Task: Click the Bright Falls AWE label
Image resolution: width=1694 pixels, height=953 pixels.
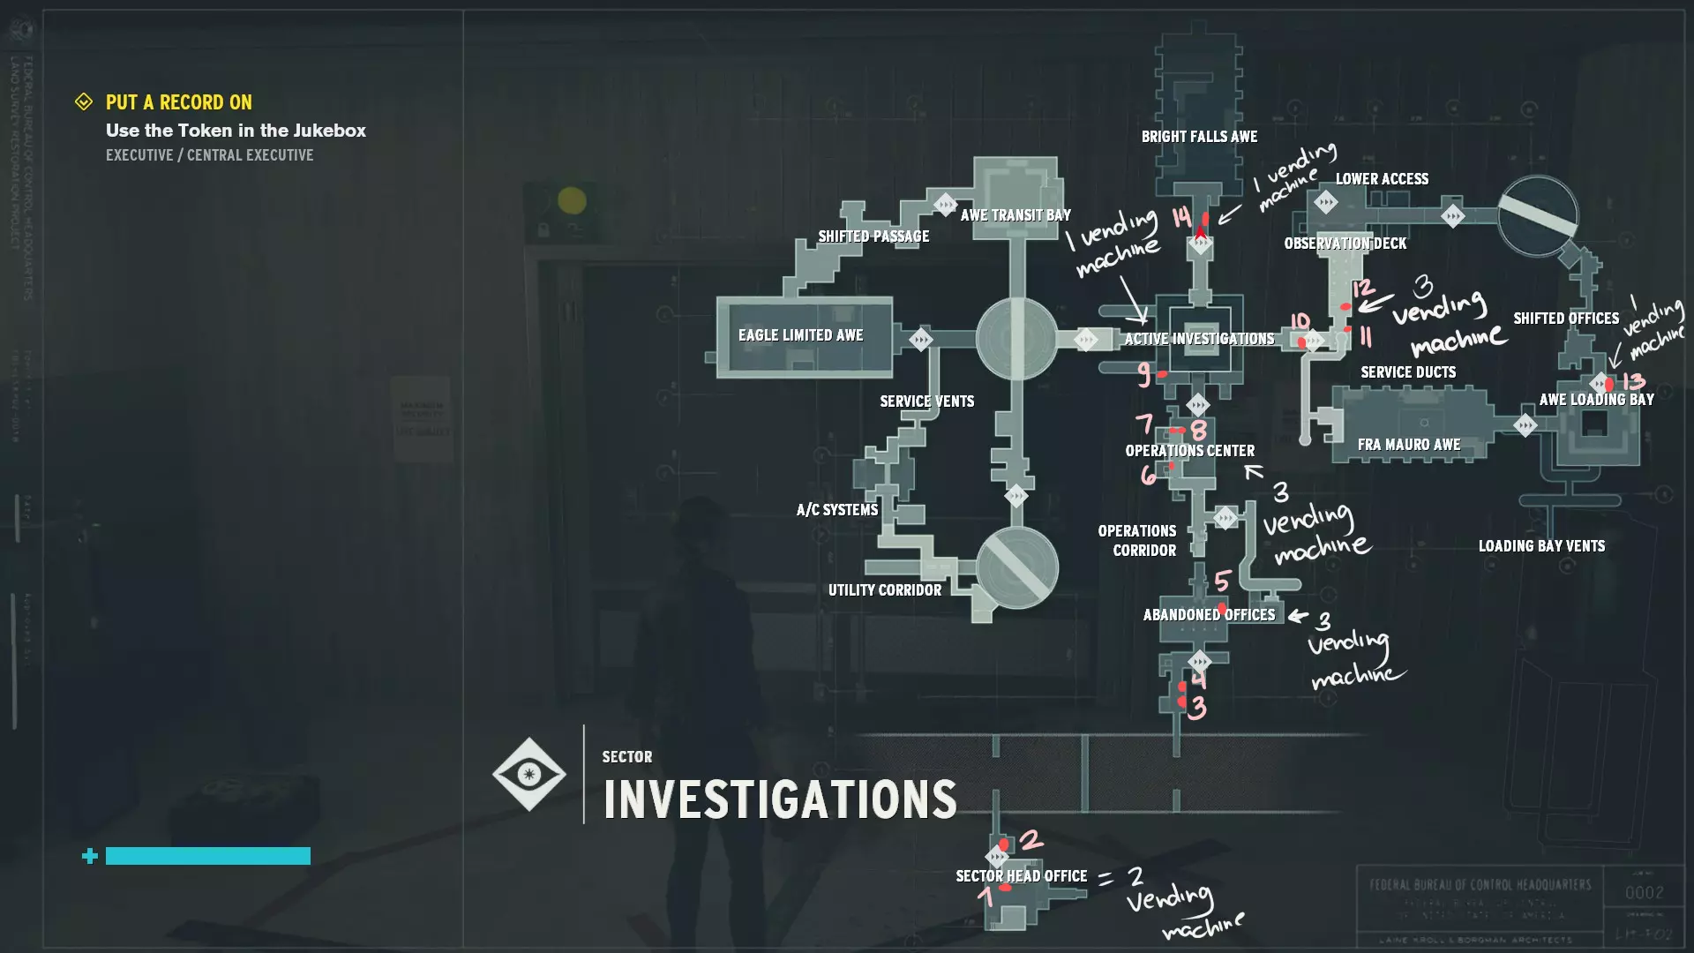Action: click(x=1199, y=137)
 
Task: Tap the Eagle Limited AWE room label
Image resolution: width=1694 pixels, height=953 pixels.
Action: click(x=800, y=335)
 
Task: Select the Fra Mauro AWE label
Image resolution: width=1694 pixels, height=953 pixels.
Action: click(x=1408, y=445)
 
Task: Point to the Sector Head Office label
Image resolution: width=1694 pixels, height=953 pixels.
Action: click(x=1021, y=876)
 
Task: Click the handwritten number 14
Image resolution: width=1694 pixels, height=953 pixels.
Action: click(x=1181, y=217)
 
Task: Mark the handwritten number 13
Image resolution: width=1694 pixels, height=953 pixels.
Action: click(x=1633, y=381)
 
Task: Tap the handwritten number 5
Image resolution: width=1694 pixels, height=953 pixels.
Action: click(x=1222, y=581)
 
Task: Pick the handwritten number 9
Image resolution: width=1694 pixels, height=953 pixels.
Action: click(x=1143, y=375)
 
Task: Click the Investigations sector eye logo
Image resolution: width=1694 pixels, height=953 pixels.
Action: click(x=528, y=774)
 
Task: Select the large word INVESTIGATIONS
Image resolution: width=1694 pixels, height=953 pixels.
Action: click(x=780, y=799)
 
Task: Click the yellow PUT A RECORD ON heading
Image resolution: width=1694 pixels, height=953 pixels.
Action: click(x=179, y=102)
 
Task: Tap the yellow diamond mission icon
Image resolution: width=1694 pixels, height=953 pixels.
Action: click(x=84, y=102)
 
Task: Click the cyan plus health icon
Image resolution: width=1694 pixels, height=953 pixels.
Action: click(x=89, y=856)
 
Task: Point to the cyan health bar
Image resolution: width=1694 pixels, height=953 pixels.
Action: click(x=208, y=856)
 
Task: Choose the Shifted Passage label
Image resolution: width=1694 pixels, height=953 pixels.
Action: click(x=873, y=236)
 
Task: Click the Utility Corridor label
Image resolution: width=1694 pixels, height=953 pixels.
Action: click(x=884, y=590)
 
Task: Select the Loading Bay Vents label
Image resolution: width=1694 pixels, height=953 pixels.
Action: click(x=1541, y=546)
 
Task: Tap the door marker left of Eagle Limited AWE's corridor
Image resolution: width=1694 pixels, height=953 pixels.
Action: click(x=920, y=340)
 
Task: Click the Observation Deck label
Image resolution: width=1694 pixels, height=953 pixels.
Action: click(x=1345, y=244)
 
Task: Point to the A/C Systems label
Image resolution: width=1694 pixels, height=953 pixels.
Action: click(x=837, y=510)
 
